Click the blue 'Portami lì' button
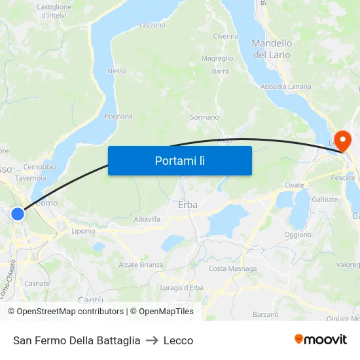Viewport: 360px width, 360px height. [x=179, y=160]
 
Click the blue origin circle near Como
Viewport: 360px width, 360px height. [x=18, y=213]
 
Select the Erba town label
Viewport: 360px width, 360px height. [x=188, y=205]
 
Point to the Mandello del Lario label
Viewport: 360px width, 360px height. [x=272, y=49]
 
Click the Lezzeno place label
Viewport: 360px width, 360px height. [x=153, y=25]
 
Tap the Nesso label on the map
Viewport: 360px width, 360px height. [x=117, y=71]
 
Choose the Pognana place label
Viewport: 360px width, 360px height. [x=118, y=117]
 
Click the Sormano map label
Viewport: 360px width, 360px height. [x=204, y=117]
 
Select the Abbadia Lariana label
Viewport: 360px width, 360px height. [x=285, y=86]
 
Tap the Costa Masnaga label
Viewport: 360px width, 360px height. [x=232, y=269]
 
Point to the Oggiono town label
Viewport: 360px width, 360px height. [x=298, y=234]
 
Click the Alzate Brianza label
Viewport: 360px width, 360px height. [x=141, y=264]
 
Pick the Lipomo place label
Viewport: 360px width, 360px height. [x=83, y=231]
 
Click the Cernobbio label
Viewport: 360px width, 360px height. [x=40, y=167]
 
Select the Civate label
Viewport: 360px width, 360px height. [x=295, y=185]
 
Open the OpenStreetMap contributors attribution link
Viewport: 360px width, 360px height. [x=65, y=312]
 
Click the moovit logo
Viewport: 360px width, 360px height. [x=321, y=340]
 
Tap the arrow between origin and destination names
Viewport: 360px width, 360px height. [x=152, y=340]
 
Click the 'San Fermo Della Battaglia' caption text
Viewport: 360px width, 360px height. [x=77, y=340]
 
